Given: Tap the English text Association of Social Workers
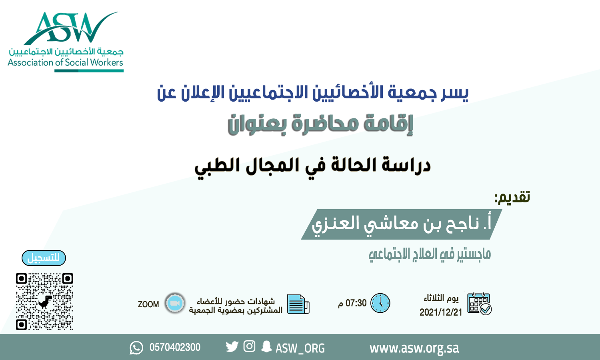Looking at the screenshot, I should (x=65, y=62).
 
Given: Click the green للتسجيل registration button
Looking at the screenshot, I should (x=44, y=258).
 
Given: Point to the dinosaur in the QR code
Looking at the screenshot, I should (x=45, y=301).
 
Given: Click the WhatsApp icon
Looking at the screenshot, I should (x=136, y=348).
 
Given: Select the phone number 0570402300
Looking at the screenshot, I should (x=175, y=347).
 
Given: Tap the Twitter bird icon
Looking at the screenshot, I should (x=232, y=346).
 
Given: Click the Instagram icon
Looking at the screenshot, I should (x=249, y=346).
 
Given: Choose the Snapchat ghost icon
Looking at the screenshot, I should (x=266, y=346).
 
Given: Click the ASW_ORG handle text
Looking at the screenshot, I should (x=300, y=348).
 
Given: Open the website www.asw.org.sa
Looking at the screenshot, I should (x=414, y=348).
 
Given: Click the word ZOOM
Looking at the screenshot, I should (x=148, y=304).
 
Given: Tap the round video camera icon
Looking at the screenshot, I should (x=175, y=303).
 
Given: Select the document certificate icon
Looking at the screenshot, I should (x=298, y=304).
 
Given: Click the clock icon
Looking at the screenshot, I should (x=380, y=303).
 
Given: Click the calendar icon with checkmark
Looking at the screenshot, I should (x=479, y=304).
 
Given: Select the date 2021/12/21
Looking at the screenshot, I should (x=441, y=312).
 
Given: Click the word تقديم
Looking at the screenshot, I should (x=512, y=197).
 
